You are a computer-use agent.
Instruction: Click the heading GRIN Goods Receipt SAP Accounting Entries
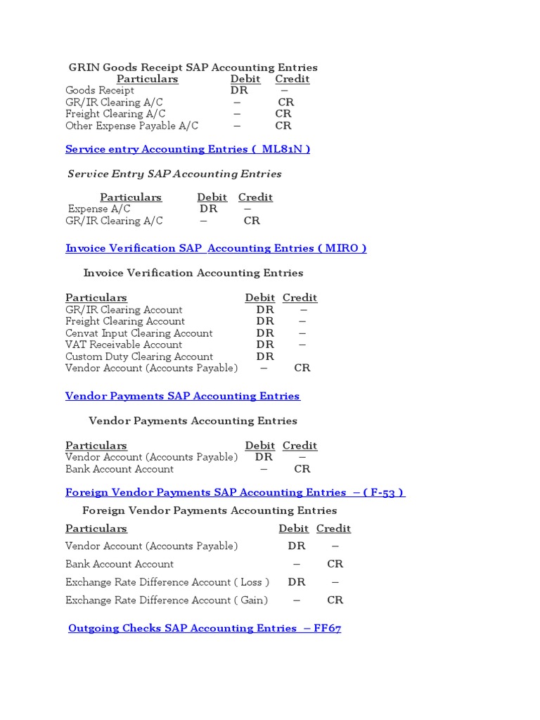click(x=193, y=67)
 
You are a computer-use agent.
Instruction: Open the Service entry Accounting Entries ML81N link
click(x=187, y=149)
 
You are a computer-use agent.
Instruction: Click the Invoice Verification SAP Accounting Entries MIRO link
click(x=216, y=248)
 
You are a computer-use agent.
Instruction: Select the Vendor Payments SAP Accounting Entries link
click(x=182, y=396)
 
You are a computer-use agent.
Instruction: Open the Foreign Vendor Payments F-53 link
click(x=235, y=492)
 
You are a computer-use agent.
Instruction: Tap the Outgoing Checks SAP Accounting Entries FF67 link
click(x=205, y=628)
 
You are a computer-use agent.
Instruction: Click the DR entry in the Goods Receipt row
click(x=239, y=91)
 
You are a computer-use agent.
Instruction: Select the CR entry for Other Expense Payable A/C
click(x=283, y=126)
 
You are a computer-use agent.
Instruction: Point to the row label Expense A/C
click(x=99, y=209)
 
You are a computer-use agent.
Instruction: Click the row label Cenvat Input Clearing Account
click(x=139, y=333)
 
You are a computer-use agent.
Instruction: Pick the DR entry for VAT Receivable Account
click(x=265, y=345)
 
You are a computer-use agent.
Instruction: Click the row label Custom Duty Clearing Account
click(x=139, y=356)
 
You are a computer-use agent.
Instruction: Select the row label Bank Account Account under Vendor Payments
click(x=119, y=469)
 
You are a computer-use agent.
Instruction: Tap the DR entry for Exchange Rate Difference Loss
click(x=297, y=582)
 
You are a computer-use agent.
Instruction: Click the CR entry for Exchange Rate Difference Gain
click(x=335, y=600)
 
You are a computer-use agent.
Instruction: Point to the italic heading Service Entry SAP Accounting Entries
click(x=174, y=174)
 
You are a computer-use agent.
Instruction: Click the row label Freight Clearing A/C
click(x=115, y=114)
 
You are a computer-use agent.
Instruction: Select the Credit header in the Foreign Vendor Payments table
click(x=333, y=529)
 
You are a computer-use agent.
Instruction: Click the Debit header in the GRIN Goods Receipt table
click(x=245, y=79)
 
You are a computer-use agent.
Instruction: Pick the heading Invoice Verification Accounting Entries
click(x=193, y=273)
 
